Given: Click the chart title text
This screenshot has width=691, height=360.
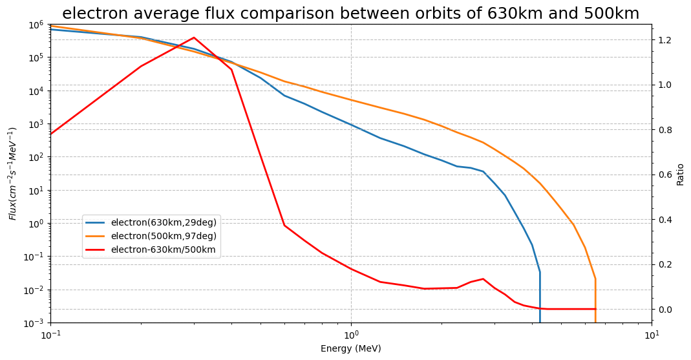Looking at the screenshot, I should [350, 14].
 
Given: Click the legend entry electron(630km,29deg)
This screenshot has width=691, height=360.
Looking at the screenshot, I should [164, 222].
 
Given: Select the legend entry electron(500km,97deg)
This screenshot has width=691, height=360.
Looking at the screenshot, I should [164, 236].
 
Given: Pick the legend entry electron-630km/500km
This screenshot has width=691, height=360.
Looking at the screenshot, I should [164, 249].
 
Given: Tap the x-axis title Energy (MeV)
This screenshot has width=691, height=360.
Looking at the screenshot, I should [350, 349].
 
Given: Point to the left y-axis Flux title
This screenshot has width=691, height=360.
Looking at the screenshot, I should [13, 173].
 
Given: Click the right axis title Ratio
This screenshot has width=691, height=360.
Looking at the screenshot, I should [680, 174].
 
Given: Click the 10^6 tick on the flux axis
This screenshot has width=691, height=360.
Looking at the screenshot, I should [35, 25].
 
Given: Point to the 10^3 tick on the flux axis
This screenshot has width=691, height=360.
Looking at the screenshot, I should [35, 124].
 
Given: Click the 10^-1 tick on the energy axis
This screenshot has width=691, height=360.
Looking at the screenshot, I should [50, 335].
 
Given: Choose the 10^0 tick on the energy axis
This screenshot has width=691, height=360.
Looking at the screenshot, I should [351, 335].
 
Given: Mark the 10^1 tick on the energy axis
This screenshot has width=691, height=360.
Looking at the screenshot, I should [652, 335].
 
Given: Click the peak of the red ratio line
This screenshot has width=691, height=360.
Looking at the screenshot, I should [194, 37].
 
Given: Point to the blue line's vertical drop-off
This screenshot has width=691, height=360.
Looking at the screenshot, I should [540, 297].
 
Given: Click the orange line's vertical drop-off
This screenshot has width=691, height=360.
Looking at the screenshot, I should [595, 301].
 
